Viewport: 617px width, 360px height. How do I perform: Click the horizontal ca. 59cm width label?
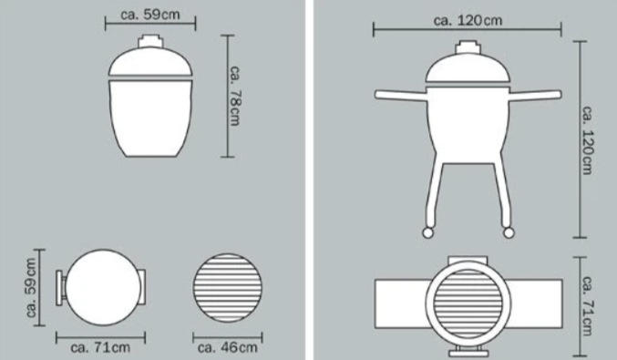pos(150,15)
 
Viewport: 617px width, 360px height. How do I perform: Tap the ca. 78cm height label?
pos(234,96)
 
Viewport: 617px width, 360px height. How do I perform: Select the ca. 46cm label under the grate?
pos(228,347)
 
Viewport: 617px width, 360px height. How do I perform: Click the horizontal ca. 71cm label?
pos(100,347)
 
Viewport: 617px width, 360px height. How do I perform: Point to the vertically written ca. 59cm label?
pos(31,288)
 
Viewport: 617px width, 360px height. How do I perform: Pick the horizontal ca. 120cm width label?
pos(468,20)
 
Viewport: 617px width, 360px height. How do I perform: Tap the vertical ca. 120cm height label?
pos(587,139)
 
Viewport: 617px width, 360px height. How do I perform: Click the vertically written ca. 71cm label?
pos(587,305)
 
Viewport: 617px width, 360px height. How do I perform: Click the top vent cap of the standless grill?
pos(150,42)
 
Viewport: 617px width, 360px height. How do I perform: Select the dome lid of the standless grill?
pos(150,62)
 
